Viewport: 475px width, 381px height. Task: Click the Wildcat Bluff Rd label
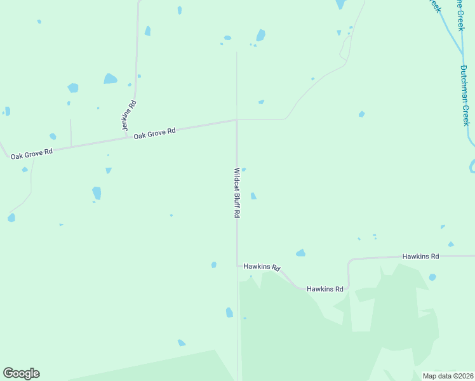(237, 193)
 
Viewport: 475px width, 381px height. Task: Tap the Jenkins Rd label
(129, 116)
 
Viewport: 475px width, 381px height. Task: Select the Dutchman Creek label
(464, 95)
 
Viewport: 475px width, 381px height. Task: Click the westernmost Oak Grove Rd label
(31, 153)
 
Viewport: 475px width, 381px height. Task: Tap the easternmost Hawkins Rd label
(420, 257)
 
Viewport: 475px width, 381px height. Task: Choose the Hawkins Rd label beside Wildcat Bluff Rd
(262, 267)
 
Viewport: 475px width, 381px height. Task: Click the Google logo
(21, 373)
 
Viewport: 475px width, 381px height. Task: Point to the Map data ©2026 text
(448, 376)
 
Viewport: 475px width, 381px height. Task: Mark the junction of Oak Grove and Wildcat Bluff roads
(237, 119)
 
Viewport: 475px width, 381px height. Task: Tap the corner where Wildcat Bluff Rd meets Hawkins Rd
(237, 265)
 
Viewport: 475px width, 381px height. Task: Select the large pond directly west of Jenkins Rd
(110, 79)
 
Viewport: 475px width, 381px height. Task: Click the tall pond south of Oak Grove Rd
(97, 193)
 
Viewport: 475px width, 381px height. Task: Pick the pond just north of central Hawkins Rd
(300, 253)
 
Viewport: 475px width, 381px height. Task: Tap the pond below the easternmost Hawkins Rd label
(432, 277)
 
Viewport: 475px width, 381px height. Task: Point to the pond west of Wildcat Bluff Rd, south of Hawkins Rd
(229, 312)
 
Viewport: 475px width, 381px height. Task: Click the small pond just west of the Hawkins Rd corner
(214, 265)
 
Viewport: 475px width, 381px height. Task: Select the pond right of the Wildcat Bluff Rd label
(253, 196)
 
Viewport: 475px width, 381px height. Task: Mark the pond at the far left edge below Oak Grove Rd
(11, 218)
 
